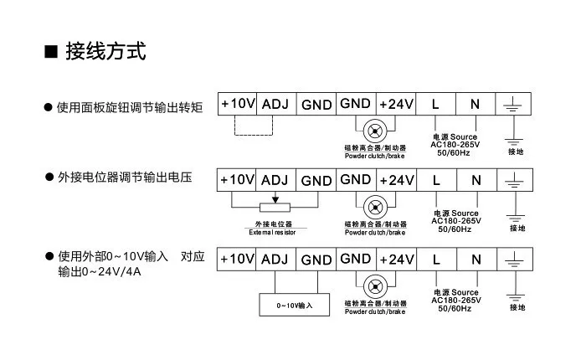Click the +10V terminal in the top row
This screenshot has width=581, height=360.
[238, 104]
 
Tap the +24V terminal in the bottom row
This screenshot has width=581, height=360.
[397, 258]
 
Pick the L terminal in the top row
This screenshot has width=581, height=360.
[435, 104]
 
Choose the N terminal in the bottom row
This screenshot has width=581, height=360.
[476, 258]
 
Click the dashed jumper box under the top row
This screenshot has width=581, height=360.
[254, 126]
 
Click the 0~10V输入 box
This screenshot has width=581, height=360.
[294, 304]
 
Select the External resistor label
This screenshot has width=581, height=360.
[272, 232]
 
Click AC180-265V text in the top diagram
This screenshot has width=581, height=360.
[454, 144]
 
